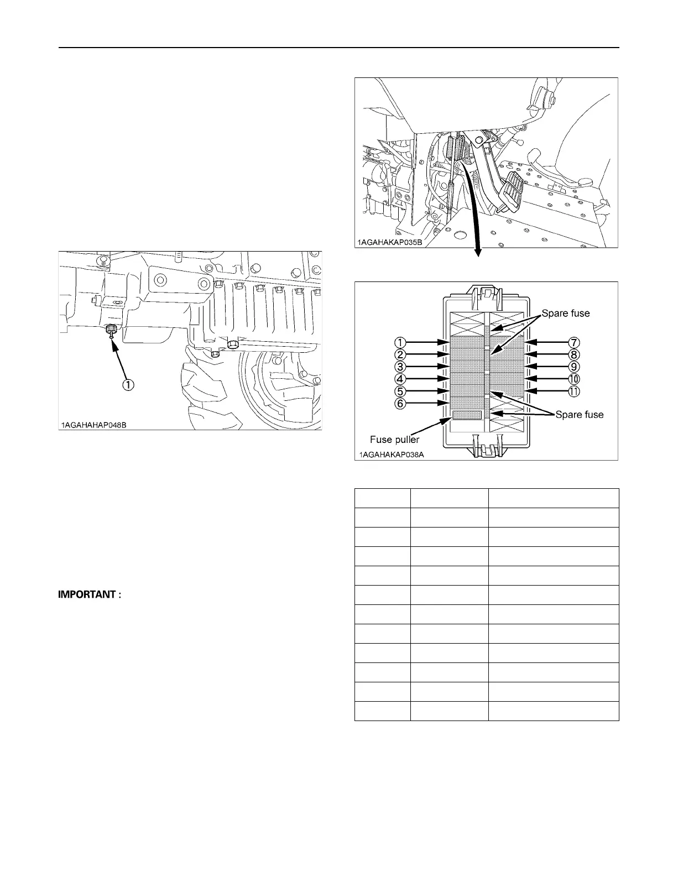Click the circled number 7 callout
[574, 342]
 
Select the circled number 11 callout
[574, 391]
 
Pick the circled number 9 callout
[574, 367]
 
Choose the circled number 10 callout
[574, 379]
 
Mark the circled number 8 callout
[574, 354]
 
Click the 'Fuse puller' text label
[394, 440]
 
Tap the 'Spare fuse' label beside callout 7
[565, 314]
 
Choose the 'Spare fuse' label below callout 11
[579, 415]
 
